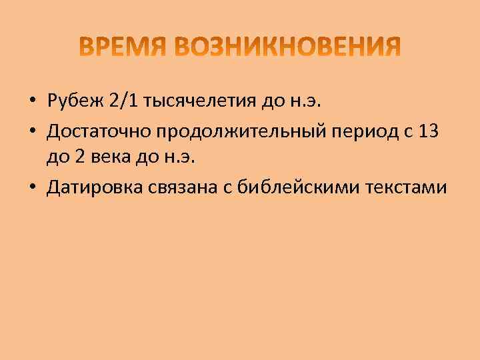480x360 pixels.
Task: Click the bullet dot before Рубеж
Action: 32,102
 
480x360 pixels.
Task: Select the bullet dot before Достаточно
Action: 32,131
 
